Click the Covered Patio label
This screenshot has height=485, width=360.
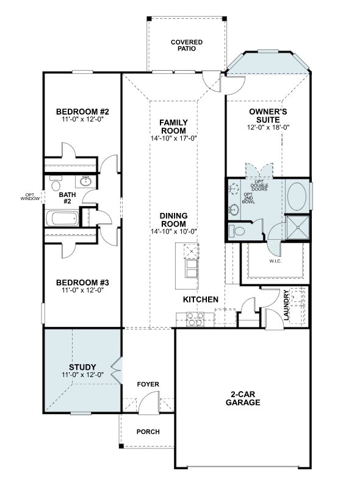(x=187, y=45)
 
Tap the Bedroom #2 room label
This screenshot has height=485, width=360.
(x=82, y=112)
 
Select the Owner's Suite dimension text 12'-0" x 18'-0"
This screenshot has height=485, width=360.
(x=268, y=127)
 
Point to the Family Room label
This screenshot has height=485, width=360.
(x=173, y=127)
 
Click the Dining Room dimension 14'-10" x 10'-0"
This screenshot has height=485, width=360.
(x=174, y=231)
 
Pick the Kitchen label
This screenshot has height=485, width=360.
(x=201, y=300)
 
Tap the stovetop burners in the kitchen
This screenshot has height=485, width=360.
(x=195, y=319)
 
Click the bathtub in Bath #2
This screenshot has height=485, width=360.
(x=63, y=218)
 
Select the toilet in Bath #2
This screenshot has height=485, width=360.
(x=56, y=183)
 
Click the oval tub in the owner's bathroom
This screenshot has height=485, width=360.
(x=297, y=196)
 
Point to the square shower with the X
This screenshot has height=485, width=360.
(x=298, y=228)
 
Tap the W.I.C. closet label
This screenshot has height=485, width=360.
(x=275, y=261)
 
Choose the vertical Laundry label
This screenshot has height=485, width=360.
(x=286, y=305)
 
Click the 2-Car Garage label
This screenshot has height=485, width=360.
(x=243, y=398)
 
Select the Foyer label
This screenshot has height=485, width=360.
(x=148, y=384)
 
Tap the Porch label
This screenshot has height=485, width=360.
(x=148, y=432)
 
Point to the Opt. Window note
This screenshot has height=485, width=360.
(x=31, y=196)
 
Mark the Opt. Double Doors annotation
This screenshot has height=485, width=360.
(x=259, y=185)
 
